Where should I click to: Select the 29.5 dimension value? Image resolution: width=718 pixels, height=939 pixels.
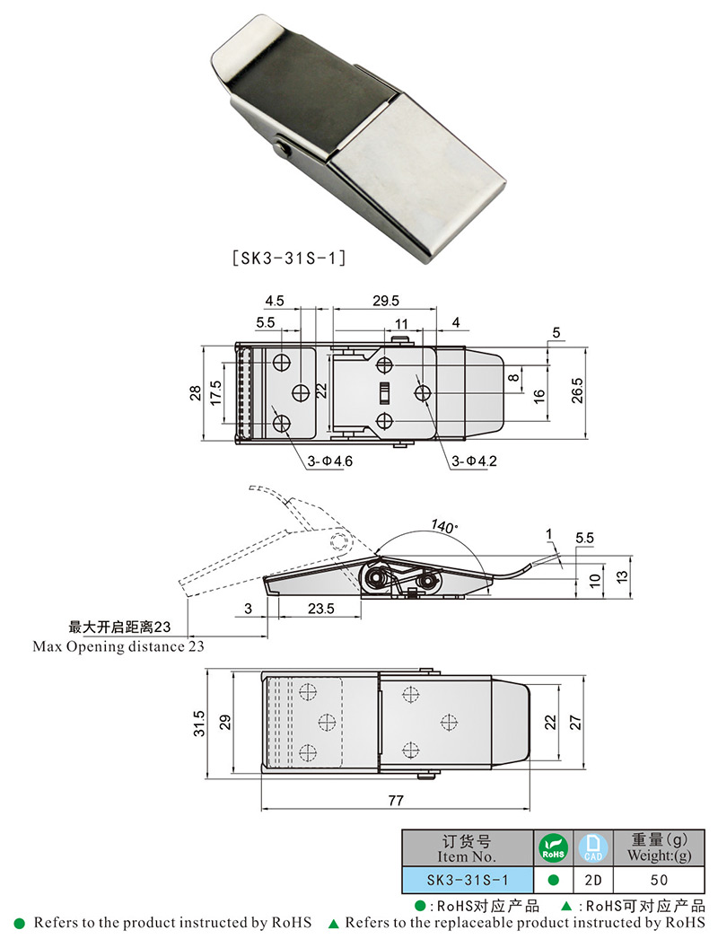tap(389, 302)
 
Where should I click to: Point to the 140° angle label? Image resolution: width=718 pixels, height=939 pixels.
tap(443, 525)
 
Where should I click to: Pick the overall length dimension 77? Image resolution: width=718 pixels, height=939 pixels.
tap(395, 800)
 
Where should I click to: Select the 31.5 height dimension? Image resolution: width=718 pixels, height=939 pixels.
tap(199, 723)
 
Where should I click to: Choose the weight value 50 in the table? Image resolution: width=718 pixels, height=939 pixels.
tap(660, 880)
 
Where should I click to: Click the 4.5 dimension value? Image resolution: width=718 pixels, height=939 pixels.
tap(275, 302)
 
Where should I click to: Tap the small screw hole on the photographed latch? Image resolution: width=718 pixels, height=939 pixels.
tap(284, 147)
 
